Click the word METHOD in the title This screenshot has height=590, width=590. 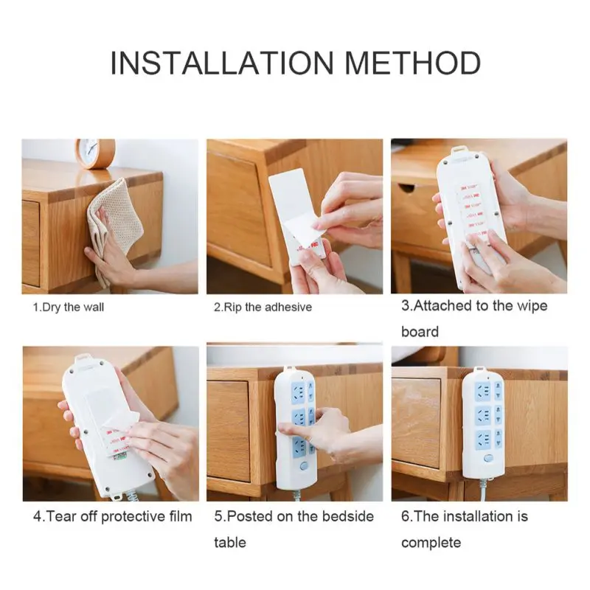coord(412,63)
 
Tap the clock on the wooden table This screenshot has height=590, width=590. coord(95,153)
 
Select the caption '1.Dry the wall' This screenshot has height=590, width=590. coord(68,308)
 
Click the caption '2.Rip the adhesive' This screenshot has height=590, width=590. coord(263,308)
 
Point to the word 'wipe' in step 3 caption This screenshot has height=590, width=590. coord(532,306)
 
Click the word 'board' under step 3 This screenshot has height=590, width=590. coord(420,331)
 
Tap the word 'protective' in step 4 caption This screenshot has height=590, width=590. coord(133,517)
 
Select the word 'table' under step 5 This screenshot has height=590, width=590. coord(230,542)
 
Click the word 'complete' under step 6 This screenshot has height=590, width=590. coord(431,543)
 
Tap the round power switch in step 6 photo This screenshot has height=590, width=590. coord(488,459)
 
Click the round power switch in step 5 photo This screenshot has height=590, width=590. coord(304,466)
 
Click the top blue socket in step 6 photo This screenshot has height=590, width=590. coord(483,392)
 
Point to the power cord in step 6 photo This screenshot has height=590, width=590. coord(483,490)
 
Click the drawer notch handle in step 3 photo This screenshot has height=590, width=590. coord(406,187)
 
